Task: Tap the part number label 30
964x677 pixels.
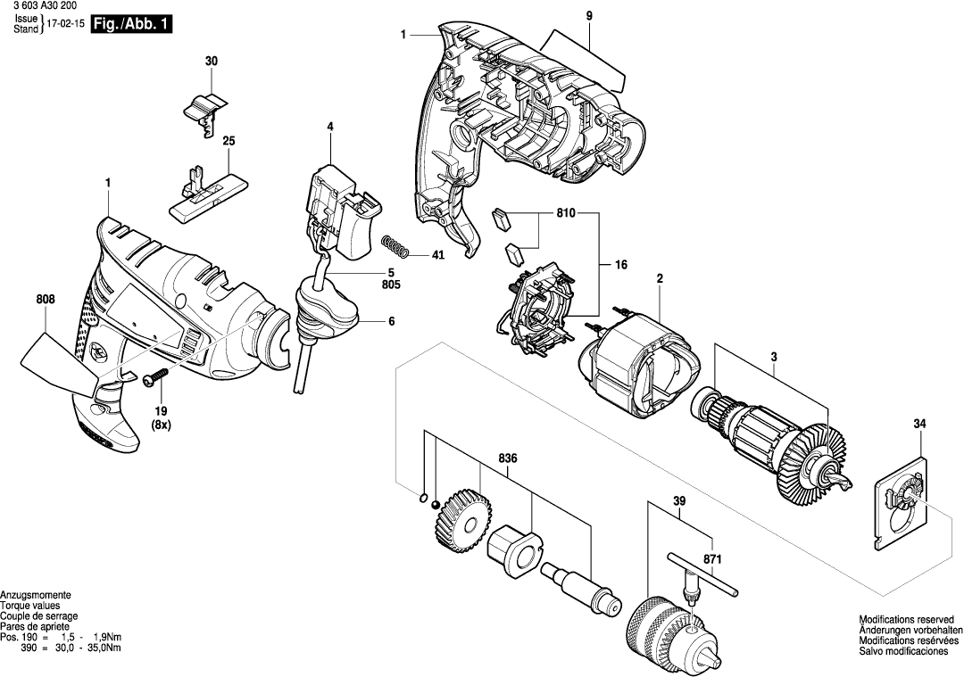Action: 211,61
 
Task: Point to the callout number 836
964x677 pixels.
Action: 508,458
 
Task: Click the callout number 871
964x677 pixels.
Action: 711,559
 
